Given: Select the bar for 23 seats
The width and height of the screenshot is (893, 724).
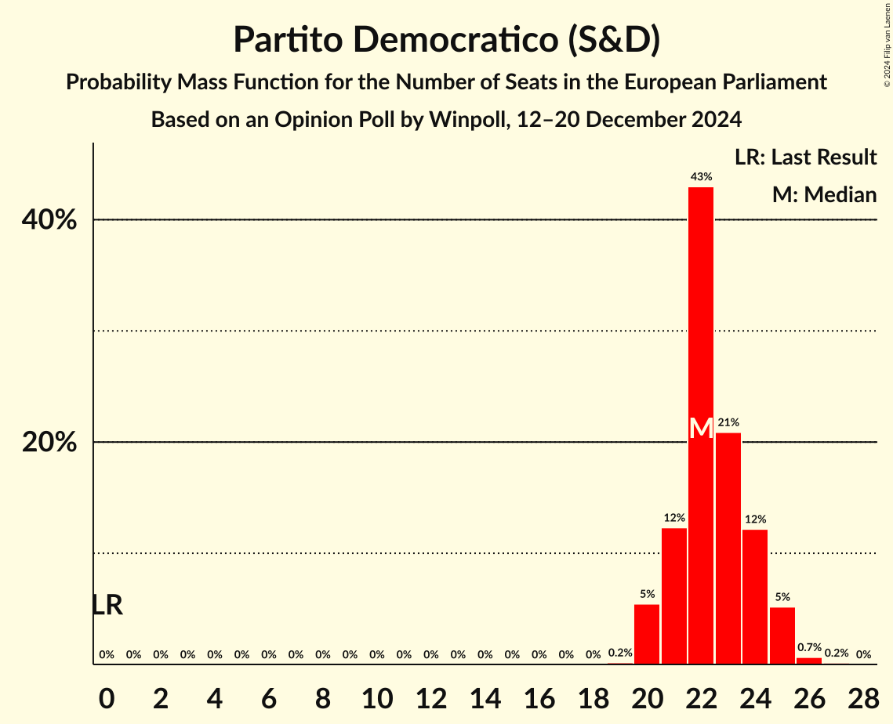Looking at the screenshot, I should pos(728,548).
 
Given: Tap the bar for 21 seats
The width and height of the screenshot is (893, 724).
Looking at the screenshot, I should pos(674,595).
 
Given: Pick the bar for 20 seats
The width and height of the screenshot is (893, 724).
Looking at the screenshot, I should pos(647,634).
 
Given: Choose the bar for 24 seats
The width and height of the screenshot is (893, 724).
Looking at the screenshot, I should pos(755,596).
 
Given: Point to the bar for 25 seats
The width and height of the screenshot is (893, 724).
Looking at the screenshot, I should pos(782,635).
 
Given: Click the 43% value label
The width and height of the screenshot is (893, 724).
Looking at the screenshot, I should pos(701,177).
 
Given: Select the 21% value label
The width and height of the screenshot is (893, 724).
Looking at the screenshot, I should pos(728,422).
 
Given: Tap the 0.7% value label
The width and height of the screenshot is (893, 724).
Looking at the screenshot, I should pos(809,647).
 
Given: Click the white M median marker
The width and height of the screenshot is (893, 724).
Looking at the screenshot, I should pos(701,429).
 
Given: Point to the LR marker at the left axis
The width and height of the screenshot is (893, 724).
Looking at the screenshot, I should pos(107,605).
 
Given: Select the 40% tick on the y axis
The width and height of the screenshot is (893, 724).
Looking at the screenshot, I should pos(49,220).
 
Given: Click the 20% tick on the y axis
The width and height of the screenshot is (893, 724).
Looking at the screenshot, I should pos(49,443).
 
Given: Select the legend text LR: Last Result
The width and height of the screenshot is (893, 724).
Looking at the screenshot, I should pos(805,157).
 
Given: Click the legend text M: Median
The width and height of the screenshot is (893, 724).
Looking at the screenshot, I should pos(824,194).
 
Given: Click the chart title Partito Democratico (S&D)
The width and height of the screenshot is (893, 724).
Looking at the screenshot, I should pos(446,40).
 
